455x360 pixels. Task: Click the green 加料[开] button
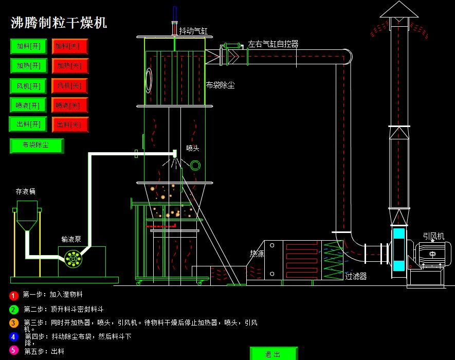pos(29,46)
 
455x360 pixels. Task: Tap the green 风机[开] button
pos(29,85)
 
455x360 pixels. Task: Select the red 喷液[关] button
pos(69,105)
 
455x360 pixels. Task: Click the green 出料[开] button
pos(29,124)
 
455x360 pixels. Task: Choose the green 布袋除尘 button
pos(37,146)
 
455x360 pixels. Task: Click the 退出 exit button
pos(274,354)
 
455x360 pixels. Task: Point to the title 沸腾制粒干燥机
pos(59,23)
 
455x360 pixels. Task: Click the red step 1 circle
pos(14,296)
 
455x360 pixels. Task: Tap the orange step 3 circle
pos(14,323)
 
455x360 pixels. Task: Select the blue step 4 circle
pos(14,337)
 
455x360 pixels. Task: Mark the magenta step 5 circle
pos(14,350)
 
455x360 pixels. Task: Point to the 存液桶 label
pos(26,191)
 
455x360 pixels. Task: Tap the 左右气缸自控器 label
pos(273,44)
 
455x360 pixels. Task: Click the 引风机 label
pos(433,236)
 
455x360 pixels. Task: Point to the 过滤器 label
pos(356,277)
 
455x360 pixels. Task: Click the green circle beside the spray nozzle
pos(195,165)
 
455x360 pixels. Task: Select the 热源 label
pos(257,254)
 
